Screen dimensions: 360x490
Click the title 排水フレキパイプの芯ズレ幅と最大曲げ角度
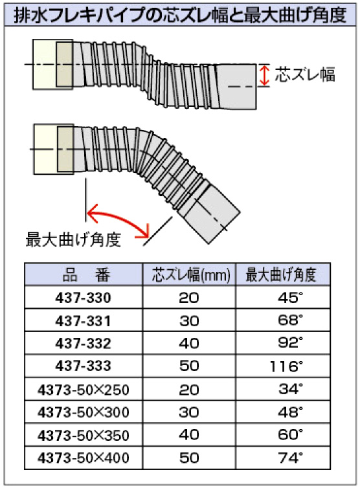(180, 15)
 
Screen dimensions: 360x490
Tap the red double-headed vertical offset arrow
(264, 75)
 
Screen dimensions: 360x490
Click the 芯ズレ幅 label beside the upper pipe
(305, 74)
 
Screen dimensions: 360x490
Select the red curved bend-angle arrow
(118, 220)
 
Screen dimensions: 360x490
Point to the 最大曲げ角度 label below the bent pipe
(73, 239)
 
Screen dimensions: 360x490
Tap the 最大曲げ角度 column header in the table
(280, 275)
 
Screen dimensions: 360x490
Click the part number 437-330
(83, 298)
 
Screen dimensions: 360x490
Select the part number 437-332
(83, 344)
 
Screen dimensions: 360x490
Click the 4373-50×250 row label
(83, 390)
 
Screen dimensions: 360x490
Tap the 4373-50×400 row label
(83, 458)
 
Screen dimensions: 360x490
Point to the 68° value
(290, 320)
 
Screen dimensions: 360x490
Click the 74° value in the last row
(290, 458)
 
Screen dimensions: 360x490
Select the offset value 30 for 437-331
(189, 321)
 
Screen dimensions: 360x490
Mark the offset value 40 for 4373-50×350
(189, 435)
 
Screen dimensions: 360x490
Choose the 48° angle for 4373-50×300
(290, 412)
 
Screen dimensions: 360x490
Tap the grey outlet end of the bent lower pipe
(213, 215)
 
